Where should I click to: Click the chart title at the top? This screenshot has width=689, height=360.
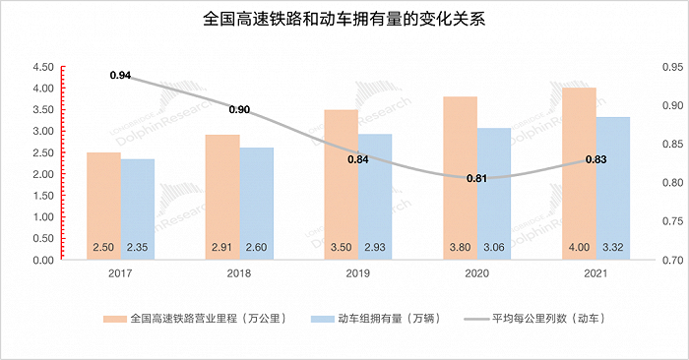(344, 19)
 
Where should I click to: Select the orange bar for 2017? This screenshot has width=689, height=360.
(103, 197)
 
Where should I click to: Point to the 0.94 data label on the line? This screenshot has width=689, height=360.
(120, 75)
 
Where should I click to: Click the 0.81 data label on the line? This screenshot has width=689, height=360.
(476, 179)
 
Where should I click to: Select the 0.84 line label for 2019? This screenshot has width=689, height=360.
(357, 158)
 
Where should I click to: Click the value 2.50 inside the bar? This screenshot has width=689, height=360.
(103, 248)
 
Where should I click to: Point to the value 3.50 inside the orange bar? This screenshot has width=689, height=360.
(341, 248)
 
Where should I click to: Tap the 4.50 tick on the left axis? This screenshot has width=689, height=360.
(42, 67)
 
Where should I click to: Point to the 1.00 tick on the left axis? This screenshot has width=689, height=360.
(42, 217)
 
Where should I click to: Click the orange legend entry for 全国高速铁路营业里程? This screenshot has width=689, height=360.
(197, 319)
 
